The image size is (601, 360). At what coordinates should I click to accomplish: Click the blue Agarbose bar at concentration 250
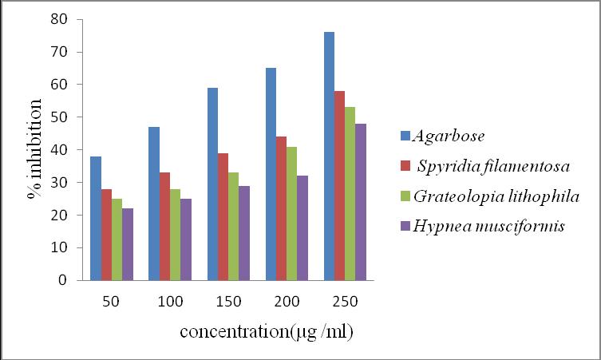(x=329, y=156)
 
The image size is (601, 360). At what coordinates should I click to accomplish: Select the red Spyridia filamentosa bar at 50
(x=107, y=235)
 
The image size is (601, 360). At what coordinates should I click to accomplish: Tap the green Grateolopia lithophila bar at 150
(x=233, y=227)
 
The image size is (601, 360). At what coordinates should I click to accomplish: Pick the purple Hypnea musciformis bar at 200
(x=302, y=228)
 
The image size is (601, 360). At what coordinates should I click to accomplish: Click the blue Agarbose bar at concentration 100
(x=154, y=204)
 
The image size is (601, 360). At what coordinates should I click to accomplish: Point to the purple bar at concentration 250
(x=361, y=202)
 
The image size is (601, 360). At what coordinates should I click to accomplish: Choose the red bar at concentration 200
(x=281, y=208)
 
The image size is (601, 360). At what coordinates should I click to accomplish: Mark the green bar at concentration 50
(x=117, y=239)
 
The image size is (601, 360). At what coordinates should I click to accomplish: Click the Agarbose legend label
(x=449, y=136)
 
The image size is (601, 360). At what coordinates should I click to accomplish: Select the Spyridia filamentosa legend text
(x=494, y=166)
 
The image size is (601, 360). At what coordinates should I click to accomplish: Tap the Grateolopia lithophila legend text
(x=496, y=196)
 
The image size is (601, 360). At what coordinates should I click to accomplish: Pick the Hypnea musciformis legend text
(x=489, y=226)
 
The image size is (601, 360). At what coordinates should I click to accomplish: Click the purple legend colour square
(x=405, y=226)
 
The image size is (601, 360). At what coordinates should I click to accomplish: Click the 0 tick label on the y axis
(x=62, y=280)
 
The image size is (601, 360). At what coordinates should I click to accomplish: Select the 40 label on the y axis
(x=58, y=149)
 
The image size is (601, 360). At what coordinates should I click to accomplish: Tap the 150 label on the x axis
(x=228, y=302)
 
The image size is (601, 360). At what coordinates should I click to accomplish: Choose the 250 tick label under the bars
(x=345, y=302)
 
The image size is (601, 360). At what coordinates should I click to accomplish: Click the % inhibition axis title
(x=34, y=149)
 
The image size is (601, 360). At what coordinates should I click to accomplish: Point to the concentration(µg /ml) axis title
(x=267, y=332)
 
